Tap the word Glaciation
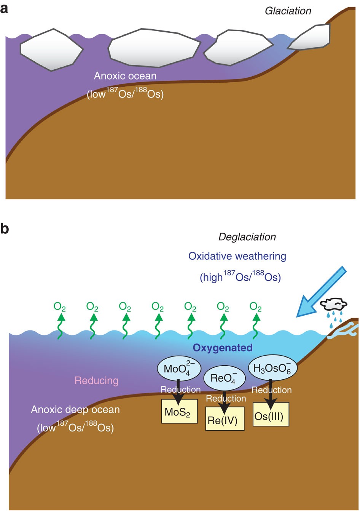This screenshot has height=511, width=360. click(x=288, y=11)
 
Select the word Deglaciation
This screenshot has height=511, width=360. click(x=247, y=237)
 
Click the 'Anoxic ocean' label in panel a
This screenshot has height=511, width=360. click(x=125, y=76)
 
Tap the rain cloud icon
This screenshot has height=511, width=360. click(x=334, y=305)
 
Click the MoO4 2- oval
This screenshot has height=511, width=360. click(x=177, y=368)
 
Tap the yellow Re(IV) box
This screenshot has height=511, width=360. click(x=225, y=419)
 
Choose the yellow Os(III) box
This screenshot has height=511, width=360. click(x=271, y=415)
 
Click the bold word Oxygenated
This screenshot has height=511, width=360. click(x=222, y=347)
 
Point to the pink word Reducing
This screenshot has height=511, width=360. click(x=96, y=380)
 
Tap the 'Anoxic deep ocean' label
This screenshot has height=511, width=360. click(x=75, y=410)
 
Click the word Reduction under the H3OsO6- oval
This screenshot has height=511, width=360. click(x=271, y=390)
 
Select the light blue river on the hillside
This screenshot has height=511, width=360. click(x=343, y=330)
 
